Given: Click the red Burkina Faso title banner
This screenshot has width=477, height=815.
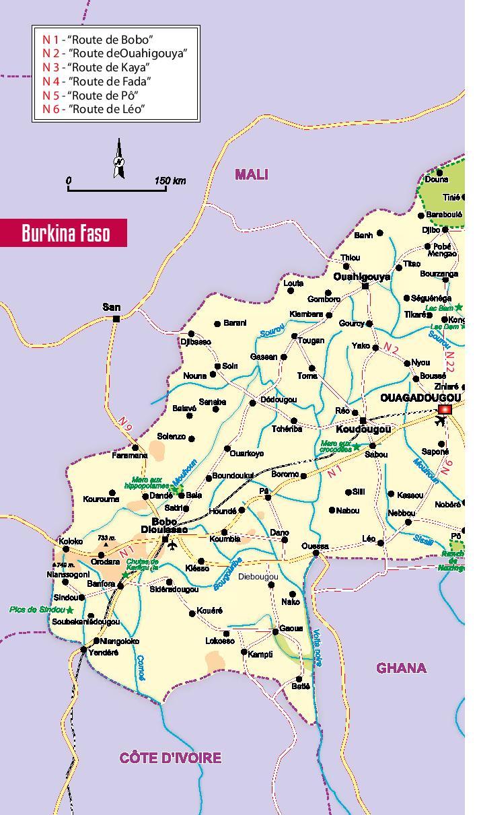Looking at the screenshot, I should (64, 233).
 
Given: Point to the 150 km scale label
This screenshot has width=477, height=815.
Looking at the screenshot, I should (170, 180).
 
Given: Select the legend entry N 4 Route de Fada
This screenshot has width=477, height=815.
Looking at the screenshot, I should (96, 81).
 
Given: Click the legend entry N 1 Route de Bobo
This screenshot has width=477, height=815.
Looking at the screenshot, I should (98, 40).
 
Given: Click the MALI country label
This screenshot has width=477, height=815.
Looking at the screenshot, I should (251, 175).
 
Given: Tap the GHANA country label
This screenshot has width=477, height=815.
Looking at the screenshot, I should (401, 668).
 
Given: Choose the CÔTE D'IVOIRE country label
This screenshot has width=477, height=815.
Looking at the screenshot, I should (170, 758).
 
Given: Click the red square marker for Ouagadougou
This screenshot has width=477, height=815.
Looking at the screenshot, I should (444, 409).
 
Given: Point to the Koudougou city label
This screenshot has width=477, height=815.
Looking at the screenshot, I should (363, 429).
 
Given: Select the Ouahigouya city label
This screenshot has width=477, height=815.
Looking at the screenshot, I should (361, 277).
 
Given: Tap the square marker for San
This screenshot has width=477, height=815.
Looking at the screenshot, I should (116, 319).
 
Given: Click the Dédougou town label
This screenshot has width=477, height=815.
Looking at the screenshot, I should (278, 400).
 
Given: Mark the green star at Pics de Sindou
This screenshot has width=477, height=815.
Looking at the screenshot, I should (69, 610).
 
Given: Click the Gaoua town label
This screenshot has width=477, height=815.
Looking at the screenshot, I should (291, 629).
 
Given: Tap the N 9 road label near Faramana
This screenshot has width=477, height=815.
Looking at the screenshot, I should (125, 423).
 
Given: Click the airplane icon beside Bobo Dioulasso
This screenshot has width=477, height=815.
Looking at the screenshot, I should (173, 545).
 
